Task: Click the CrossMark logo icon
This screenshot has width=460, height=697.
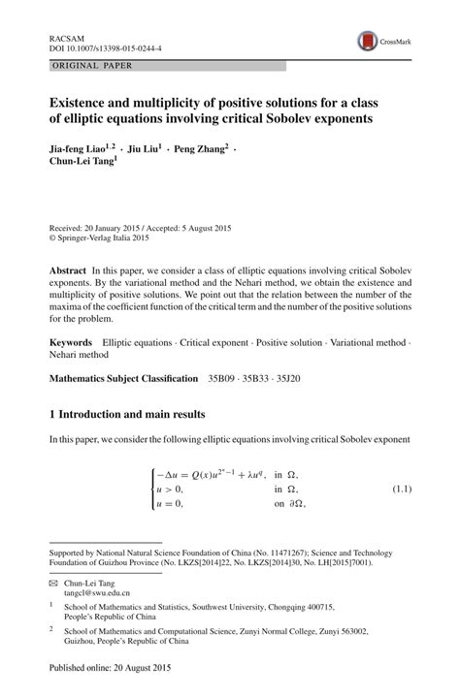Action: click(x=368, y=41)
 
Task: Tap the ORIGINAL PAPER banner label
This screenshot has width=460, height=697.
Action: click(x=92, y=66)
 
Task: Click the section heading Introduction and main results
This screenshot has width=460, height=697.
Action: click(x=133, y=414)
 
